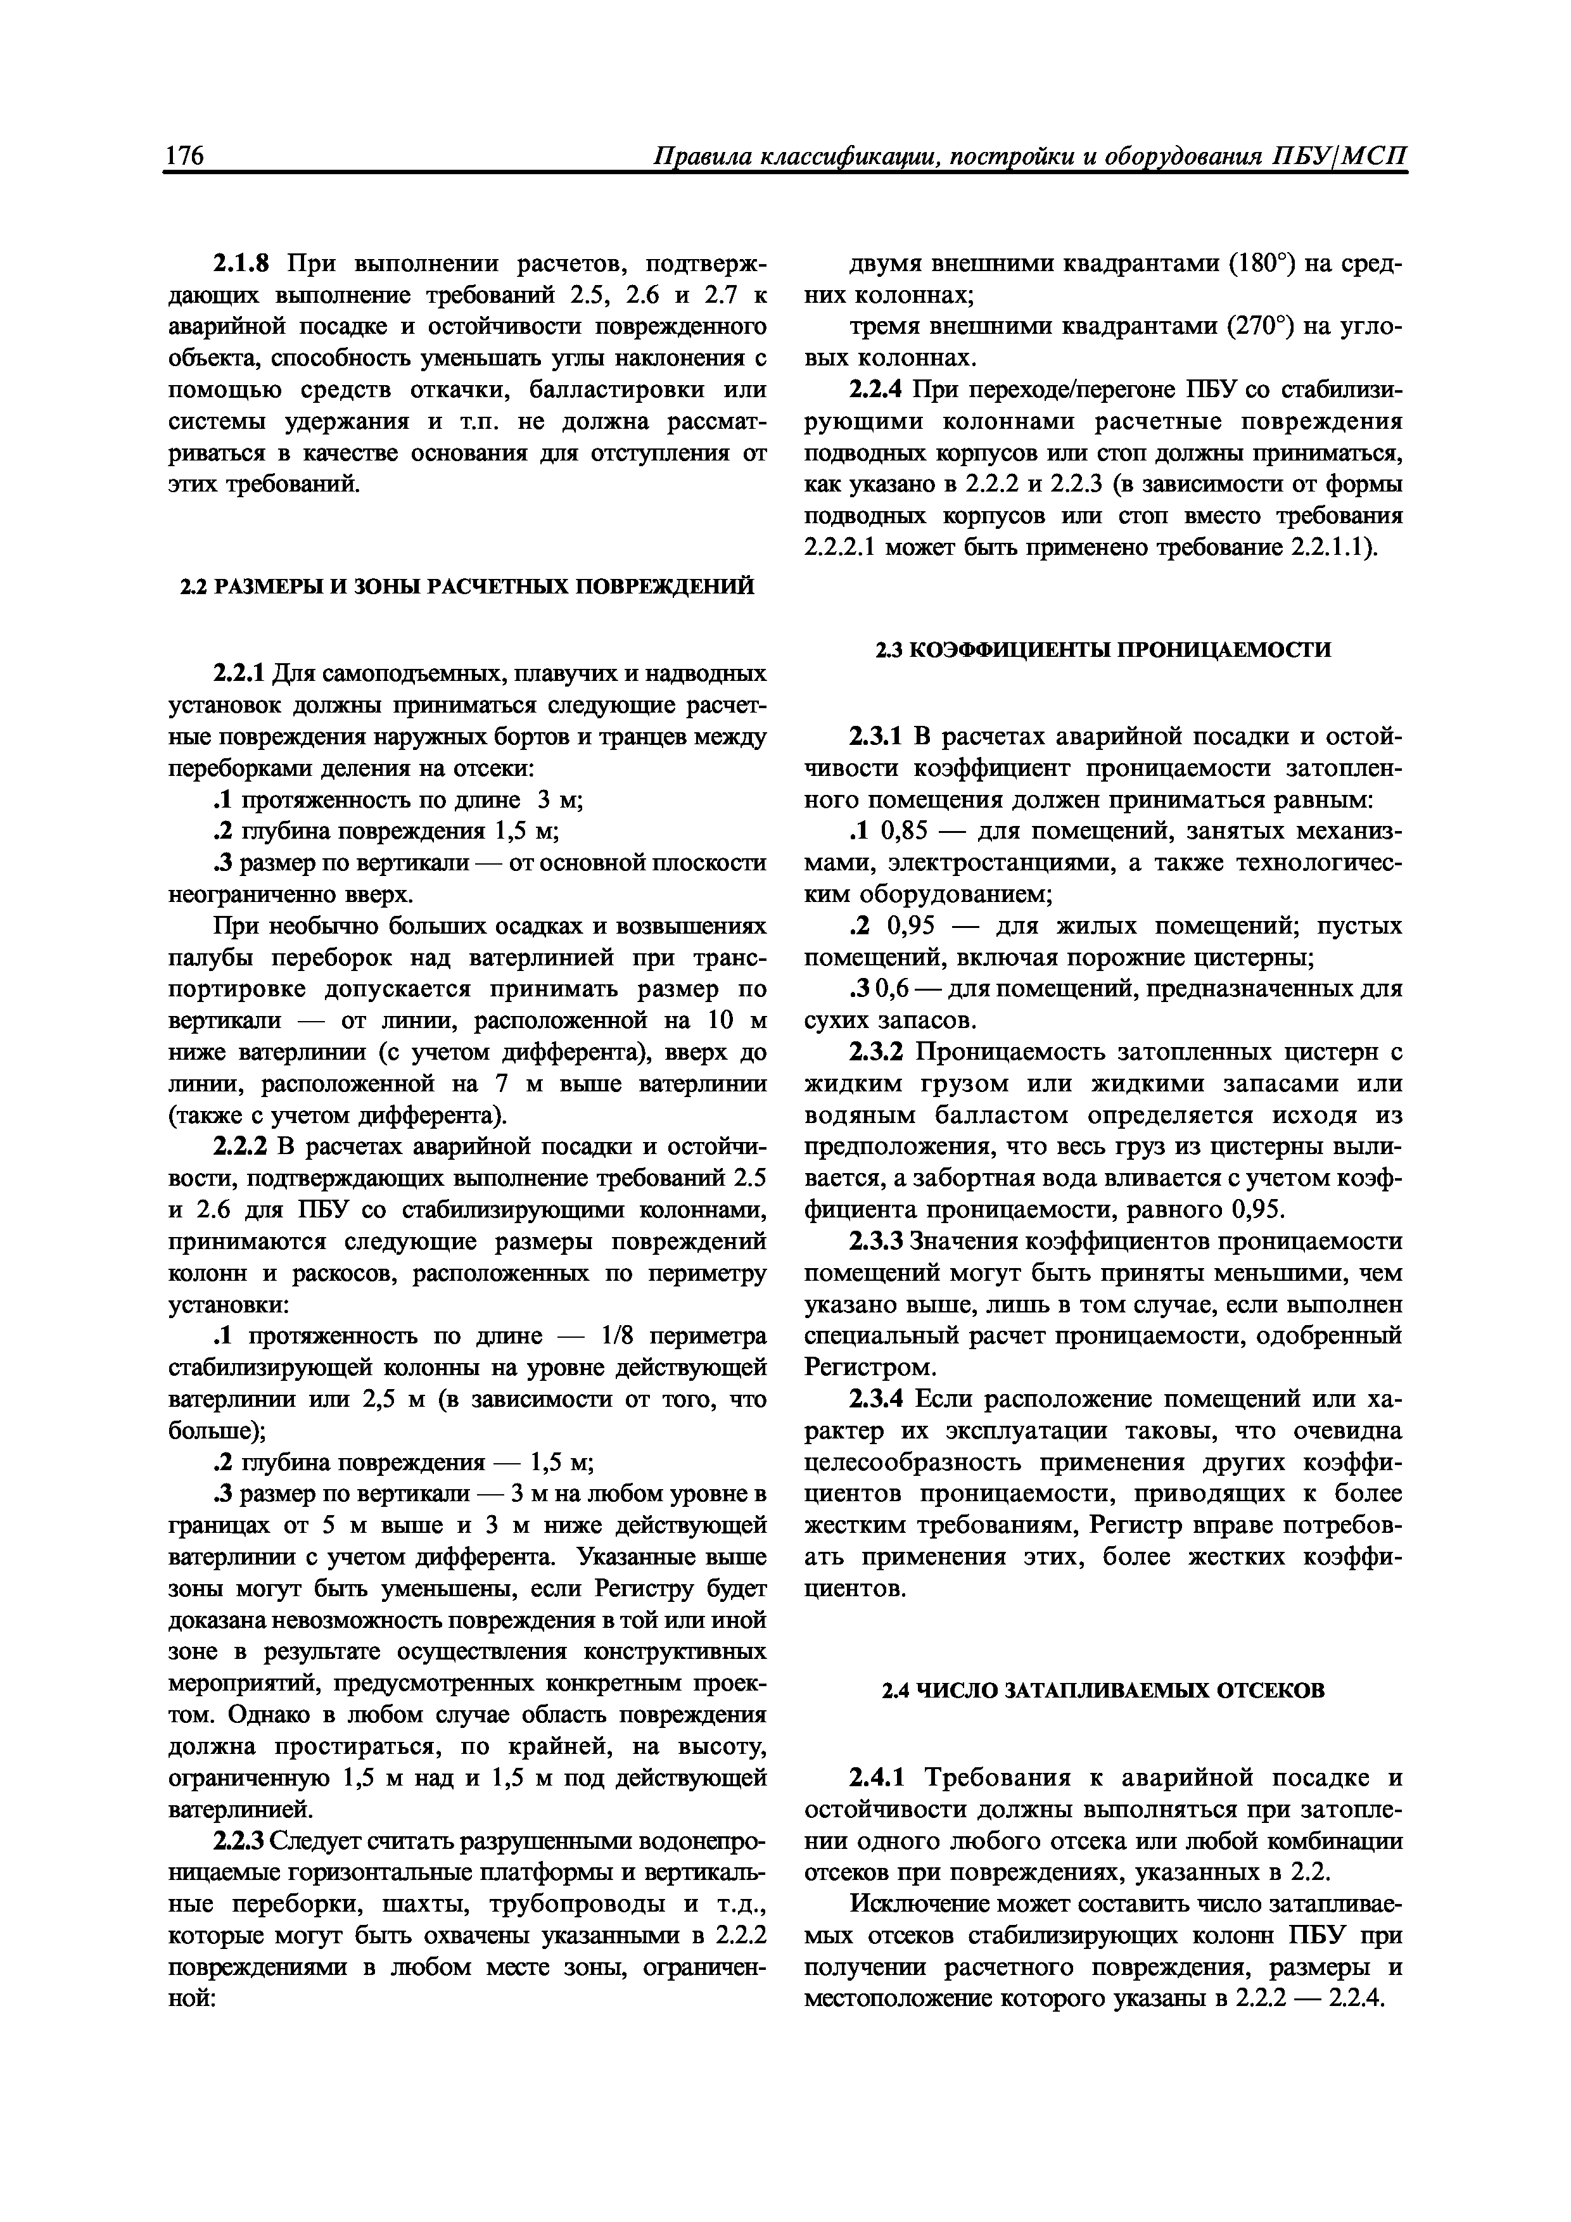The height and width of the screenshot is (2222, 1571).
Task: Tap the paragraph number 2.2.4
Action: point(876,390)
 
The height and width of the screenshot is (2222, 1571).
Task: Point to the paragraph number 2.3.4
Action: point(876,1399)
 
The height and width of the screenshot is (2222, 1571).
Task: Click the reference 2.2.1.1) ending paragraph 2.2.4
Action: point(1334,548)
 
